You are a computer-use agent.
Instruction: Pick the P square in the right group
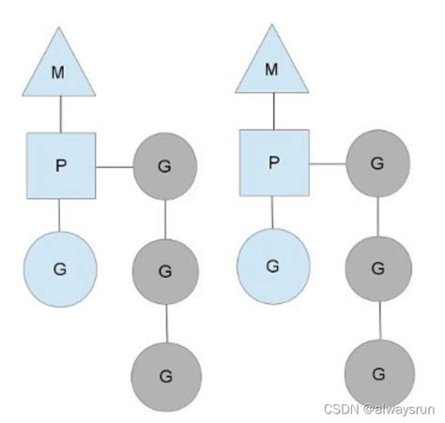click(273, 162)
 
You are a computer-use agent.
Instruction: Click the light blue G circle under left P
click(60, 268)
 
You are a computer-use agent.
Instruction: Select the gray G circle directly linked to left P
click(165, 168)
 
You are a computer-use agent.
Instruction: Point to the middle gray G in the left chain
click(165, 271)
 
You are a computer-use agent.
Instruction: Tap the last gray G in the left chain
click(165, 376)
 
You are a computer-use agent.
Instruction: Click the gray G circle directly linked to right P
click(377, 163)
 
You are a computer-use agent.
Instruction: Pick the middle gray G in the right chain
click(377, 267)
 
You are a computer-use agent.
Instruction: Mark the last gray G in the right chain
click(377, 372)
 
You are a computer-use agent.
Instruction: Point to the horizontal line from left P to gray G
click(114, 167)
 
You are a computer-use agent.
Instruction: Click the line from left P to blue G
click(60, 217)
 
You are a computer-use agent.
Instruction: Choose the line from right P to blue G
click(273, 214)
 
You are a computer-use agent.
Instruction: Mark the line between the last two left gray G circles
click(165, 324)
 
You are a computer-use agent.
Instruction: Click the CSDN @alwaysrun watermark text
click(387, 409)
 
